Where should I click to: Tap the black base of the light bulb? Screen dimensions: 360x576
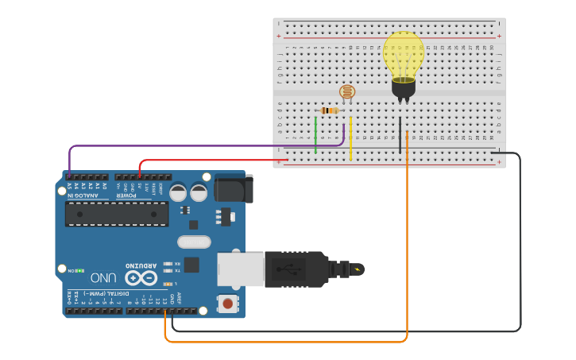pos(404,87)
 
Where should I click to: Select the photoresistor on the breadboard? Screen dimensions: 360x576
pos(347,91)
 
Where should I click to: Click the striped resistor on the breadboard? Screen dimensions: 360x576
pos(329,110)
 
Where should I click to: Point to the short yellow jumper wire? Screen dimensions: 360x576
pos(350,137)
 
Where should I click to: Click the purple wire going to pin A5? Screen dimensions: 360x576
pos(199,146)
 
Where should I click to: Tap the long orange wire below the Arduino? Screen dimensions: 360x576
pos(286,342)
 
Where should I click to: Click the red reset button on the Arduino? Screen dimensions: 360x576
pos(228,303)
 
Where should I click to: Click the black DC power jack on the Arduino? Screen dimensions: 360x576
pos(234,189)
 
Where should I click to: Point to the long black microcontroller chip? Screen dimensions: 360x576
pos(117,214)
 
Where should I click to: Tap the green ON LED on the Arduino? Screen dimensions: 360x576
pos(80,271)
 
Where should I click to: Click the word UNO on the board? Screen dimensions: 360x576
pos(104,277)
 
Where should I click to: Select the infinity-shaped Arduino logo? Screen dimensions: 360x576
pos(141,277)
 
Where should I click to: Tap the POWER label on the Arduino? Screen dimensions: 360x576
pos(126,195)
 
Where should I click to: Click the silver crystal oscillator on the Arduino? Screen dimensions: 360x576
pos(194,242)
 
